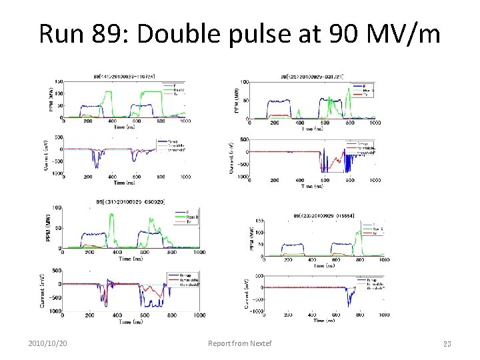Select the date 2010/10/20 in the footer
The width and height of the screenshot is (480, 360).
click(x=51, y=343)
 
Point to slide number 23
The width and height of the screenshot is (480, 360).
click(x=447, y=344)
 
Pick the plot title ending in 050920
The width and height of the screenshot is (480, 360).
click(x=134, y=202)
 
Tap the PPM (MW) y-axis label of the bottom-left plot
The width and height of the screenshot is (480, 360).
click(x=51, y=227)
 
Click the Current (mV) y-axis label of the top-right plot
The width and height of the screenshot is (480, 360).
click(x=231, y=159)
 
